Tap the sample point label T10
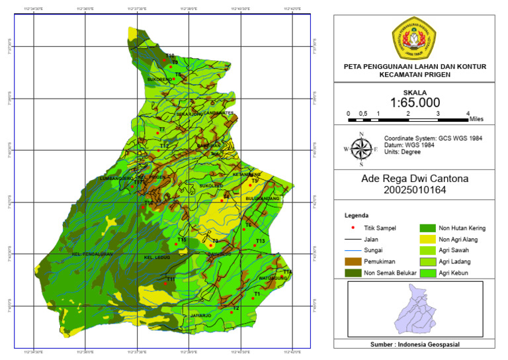[170, 56]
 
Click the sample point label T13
[260, 241]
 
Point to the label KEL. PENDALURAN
[93, 254]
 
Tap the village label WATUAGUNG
[273, 278]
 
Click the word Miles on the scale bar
[476, 119]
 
